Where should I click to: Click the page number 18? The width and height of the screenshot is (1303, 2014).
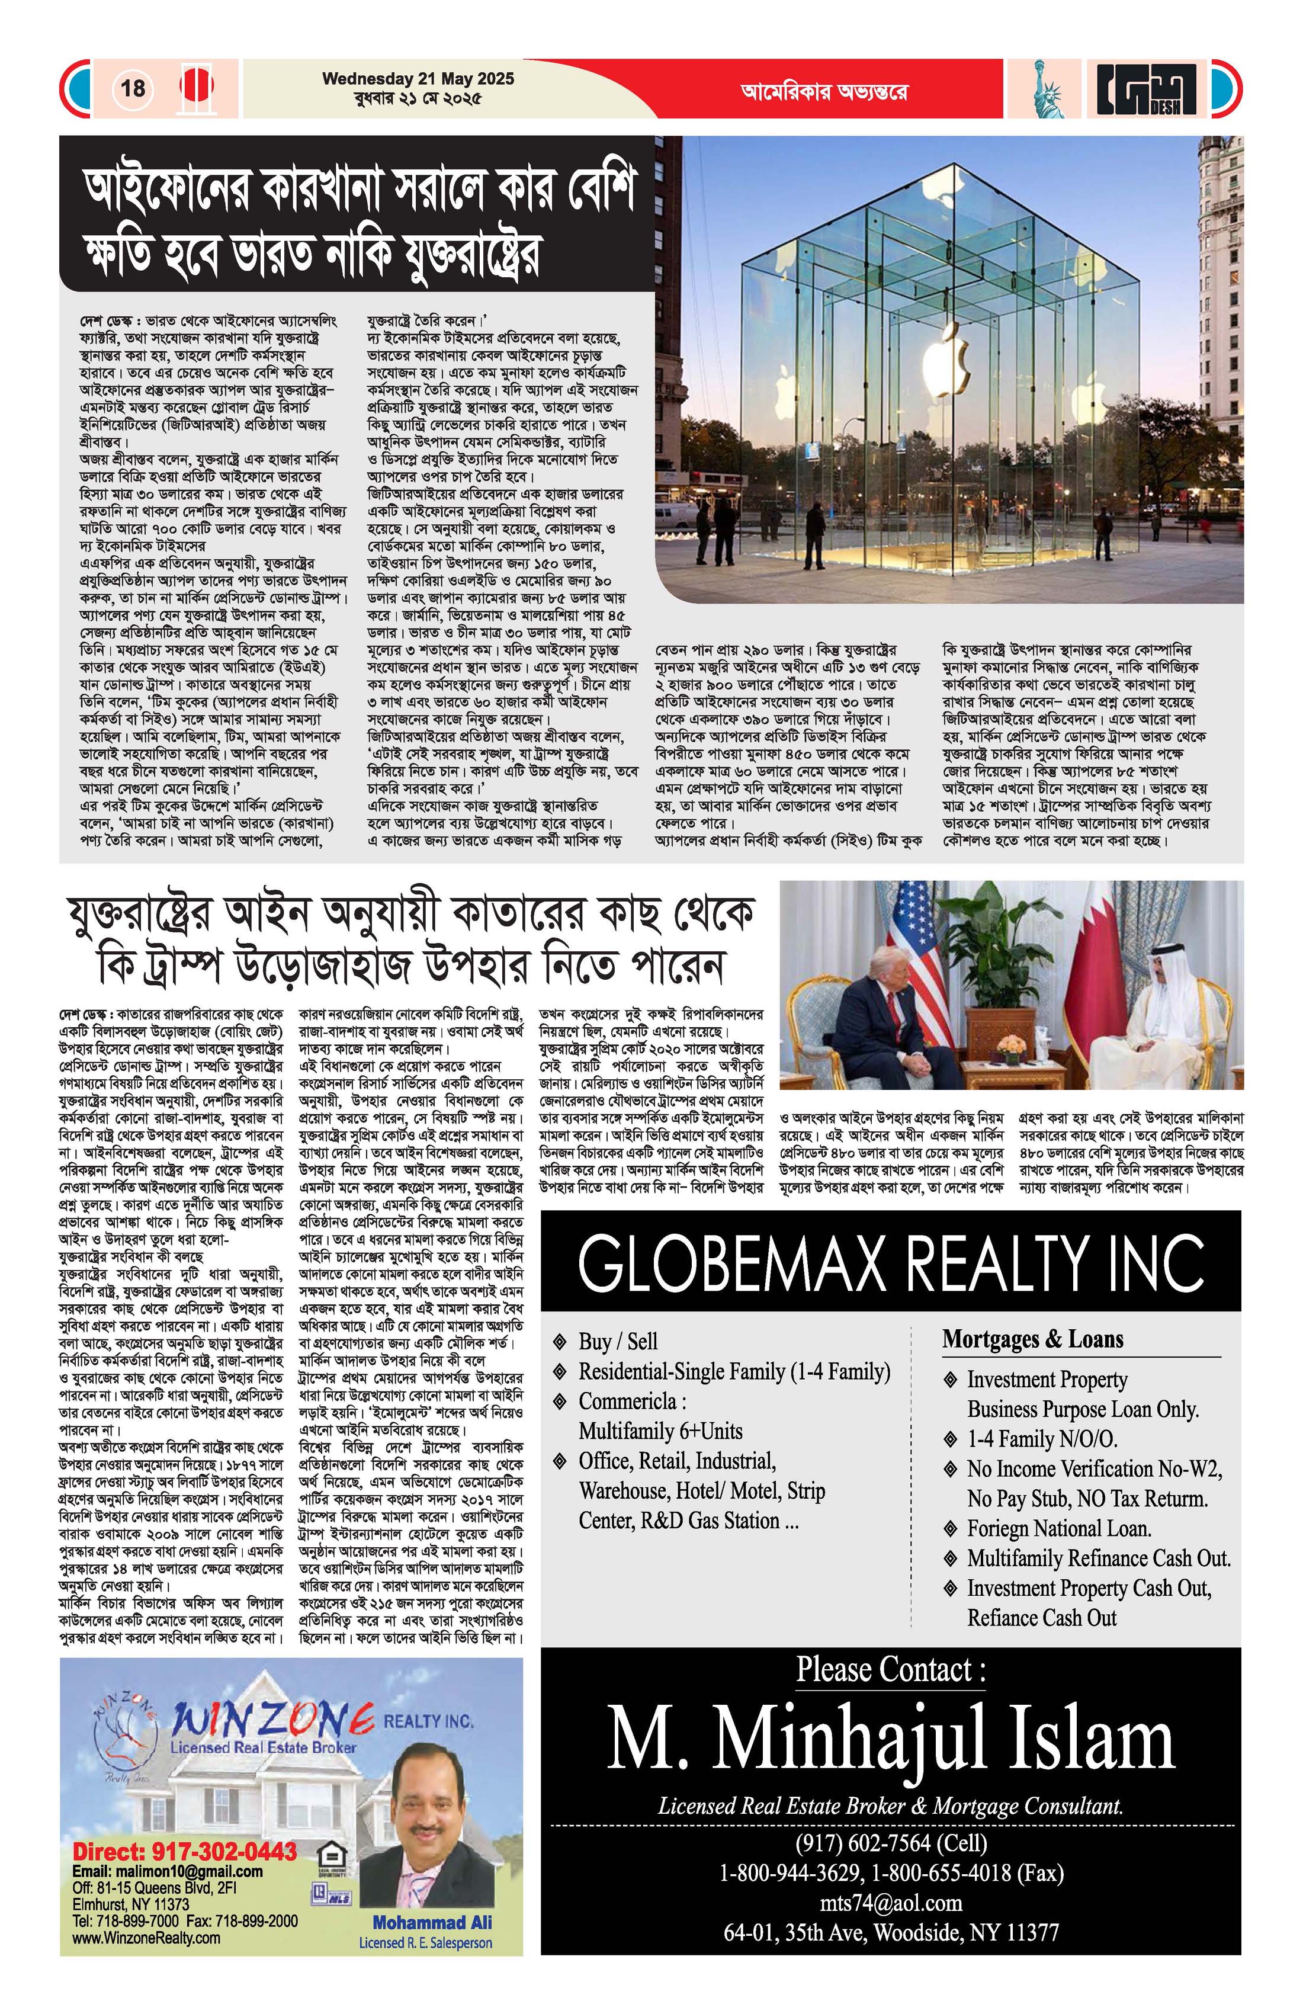[133, 88]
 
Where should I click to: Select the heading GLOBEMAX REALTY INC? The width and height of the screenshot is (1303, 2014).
[890, 1262]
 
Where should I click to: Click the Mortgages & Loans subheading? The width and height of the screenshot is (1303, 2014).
[1032, 1339]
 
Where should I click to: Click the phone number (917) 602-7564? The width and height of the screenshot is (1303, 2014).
[890, 1842]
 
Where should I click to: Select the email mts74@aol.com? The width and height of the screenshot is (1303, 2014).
[890, 1903]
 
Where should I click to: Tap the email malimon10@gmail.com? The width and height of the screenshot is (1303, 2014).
[168, 1871]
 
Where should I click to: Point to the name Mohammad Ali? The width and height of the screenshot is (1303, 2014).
[432, 1923]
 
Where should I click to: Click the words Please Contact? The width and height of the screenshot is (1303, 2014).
[890, 1670]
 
